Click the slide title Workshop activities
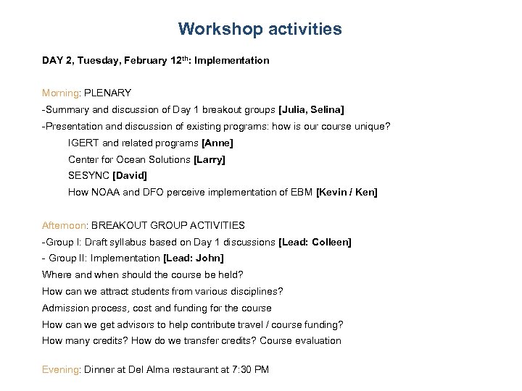260,30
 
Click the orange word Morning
61,93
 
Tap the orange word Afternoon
64,225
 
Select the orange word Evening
61,369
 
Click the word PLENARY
108,93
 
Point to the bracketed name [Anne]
217,143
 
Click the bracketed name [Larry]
210,159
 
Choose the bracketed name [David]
130,176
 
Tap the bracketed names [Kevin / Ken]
347,193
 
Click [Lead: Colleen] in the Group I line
315,242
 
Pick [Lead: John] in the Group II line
194,258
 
